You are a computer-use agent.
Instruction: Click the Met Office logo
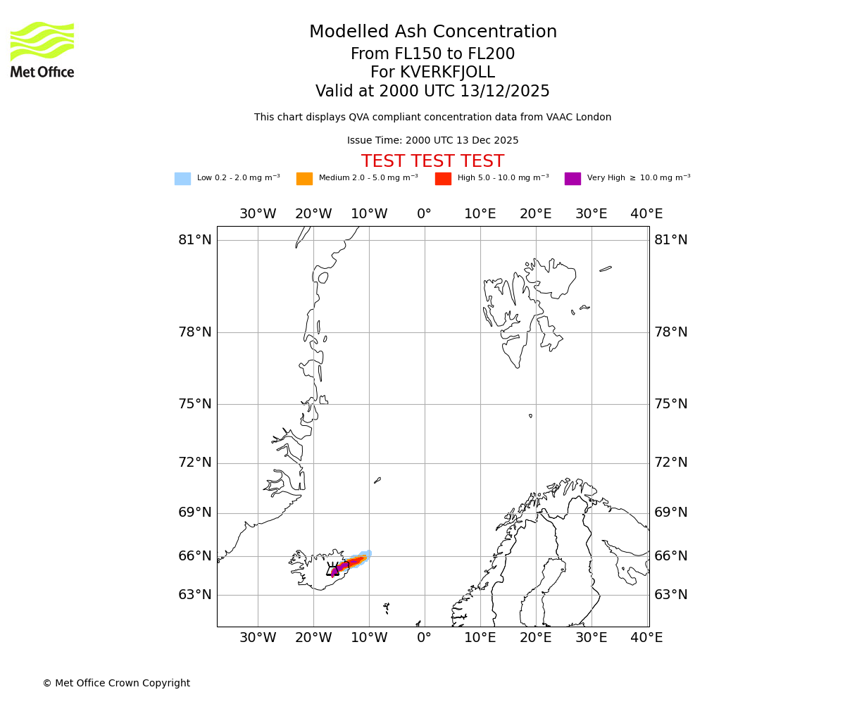tap(42, 49)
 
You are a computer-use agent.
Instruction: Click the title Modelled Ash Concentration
tap(433, 32)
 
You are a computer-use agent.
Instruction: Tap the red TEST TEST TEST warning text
tap(432, 162)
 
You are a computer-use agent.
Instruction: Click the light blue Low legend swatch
tap(182, 179)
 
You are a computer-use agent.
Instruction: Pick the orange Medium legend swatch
tap(304, 179)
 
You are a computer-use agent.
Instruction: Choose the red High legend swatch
tap(443, 179)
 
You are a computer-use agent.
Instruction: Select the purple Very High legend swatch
tap(572, 179)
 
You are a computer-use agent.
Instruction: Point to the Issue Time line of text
tap(432, 141)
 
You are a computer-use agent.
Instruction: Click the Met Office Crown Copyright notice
tap(116, 684)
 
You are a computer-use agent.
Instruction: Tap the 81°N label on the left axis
tap(195, 240)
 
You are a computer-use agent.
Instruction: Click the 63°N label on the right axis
tap(670, 595)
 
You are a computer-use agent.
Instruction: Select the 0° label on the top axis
tap(424, 214)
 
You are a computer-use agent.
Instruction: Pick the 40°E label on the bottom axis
tap(646, 638)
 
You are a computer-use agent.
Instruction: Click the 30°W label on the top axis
tap(258, 214)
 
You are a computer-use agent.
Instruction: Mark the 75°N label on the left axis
tap(195, 404)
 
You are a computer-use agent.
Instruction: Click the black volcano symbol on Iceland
tap(333, 570)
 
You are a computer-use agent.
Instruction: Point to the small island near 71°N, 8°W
tap(377, 480)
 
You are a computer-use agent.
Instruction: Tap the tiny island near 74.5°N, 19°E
tap(530, 415)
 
